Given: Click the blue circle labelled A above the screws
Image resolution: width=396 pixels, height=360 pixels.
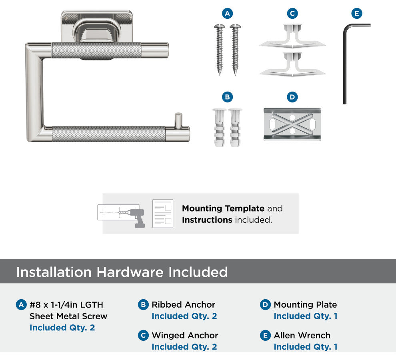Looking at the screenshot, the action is [227, 13].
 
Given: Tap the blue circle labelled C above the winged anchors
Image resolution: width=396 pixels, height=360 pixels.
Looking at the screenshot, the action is [292, 13].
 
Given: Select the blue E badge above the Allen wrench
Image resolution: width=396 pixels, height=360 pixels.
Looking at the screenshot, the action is [357, 13].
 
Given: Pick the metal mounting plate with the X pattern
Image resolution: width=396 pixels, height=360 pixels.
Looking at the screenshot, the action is [292, 124].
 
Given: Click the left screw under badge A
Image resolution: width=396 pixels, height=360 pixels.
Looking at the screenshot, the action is [220, 50].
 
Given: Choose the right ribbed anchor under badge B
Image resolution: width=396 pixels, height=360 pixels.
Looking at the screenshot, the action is [235, 128].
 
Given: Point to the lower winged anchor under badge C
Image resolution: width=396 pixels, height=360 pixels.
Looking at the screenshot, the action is [292, 64].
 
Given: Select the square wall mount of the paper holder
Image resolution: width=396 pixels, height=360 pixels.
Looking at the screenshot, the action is [97, 26].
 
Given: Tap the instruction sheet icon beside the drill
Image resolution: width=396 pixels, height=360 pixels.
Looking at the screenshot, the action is [163, 214].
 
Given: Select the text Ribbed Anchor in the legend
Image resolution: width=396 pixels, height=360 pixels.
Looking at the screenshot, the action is [183, 305].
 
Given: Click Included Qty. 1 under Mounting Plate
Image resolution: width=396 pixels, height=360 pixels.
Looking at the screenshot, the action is [306, 316].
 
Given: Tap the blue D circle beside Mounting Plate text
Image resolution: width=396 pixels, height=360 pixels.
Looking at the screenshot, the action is [265, 305].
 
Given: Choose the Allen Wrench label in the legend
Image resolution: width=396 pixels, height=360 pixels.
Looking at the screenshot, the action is [302, 336].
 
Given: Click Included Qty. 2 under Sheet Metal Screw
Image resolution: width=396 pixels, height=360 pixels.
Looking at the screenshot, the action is [62, 328].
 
